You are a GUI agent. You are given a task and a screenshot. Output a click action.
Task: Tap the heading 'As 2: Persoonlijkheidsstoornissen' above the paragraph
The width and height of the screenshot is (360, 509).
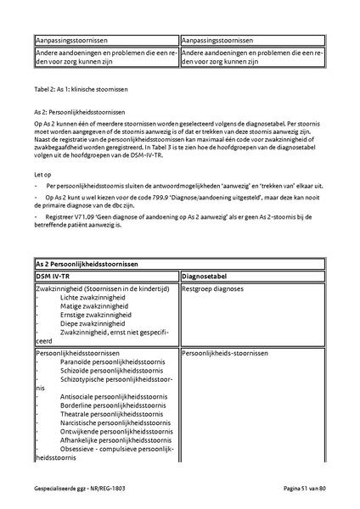point(79,111)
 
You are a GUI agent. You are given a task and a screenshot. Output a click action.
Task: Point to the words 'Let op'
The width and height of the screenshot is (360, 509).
point(42,173)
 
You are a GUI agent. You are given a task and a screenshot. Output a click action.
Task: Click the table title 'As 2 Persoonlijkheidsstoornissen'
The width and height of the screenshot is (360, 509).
point(86,265)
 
